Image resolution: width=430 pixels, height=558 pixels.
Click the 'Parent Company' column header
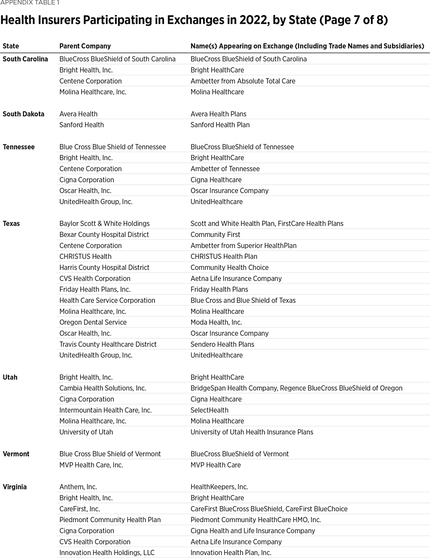(x=85, y=46)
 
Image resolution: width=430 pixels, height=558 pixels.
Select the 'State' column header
(x=11, y=46)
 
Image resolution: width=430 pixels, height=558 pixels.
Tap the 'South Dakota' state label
(x=23, y=114)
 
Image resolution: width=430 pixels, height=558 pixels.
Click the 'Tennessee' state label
(x=18, y=147)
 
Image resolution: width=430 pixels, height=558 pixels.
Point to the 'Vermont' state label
(x=16, y=454)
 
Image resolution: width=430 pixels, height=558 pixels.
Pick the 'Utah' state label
(x=10, y=377)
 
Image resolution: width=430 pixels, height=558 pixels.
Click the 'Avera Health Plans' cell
(x=218, y=114)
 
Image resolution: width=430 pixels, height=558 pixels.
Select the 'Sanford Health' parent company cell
(x=82, y=125)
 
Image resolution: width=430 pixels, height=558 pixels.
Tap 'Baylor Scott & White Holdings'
(x=105, y=224)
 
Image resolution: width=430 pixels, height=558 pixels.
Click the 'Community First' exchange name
(x=215, y=234)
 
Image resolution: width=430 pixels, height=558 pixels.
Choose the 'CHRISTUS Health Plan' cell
(x=224, y=256)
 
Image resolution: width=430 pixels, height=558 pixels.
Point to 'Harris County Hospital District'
(x=105, y=268)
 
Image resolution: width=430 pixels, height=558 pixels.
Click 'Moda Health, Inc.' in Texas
(x=216, y=323)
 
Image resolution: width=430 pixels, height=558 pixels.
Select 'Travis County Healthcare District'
(x=108, y=344)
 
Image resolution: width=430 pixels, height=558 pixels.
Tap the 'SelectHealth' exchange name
(x=210, y=410)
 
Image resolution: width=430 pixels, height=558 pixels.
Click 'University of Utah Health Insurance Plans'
(x=252, y=432)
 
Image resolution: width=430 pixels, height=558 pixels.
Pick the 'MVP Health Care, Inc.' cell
(x=91, y=465)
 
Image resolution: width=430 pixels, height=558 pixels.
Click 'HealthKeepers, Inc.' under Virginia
(x=219, y=487)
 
